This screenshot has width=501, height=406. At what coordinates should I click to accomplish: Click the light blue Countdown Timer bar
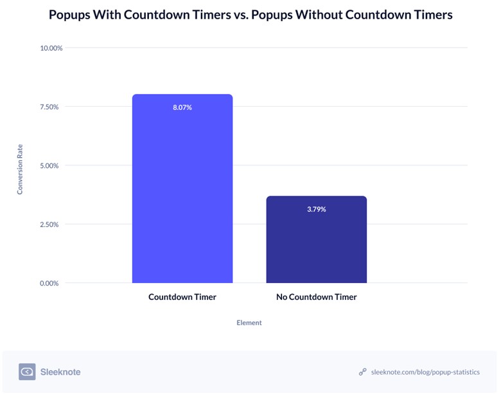[182, 189]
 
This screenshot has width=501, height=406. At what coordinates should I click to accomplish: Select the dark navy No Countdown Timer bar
[317, 239]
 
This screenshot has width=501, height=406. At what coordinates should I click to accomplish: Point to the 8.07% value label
[182, 107]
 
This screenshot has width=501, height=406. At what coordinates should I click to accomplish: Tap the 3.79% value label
[317, 209]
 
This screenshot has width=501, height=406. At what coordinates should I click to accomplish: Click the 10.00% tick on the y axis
[51, 48]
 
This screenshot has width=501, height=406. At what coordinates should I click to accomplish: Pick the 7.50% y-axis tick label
[49, 107]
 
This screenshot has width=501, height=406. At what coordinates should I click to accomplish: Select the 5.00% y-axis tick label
[49, 166]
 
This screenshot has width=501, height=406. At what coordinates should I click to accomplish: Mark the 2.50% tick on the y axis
[49, 225]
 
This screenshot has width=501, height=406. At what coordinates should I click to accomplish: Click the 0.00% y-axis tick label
[49, 283]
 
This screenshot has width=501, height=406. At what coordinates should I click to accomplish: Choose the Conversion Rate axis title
[20, 169]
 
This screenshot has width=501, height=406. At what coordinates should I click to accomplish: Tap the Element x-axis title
[249, 323]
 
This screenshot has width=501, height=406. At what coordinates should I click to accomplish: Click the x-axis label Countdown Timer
[182, 297]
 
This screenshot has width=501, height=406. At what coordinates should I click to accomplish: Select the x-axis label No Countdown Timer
[317, 297]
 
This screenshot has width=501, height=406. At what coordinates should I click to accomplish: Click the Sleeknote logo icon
[27, 372]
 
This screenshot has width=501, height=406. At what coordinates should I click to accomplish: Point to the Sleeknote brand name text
[60, 372]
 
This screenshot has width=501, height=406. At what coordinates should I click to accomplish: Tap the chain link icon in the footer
[362, 372]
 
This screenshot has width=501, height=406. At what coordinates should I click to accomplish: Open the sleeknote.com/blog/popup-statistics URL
[425, 372]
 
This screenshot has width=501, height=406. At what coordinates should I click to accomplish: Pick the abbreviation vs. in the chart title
[241, 15]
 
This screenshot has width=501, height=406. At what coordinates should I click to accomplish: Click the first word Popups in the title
[69, 15]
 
